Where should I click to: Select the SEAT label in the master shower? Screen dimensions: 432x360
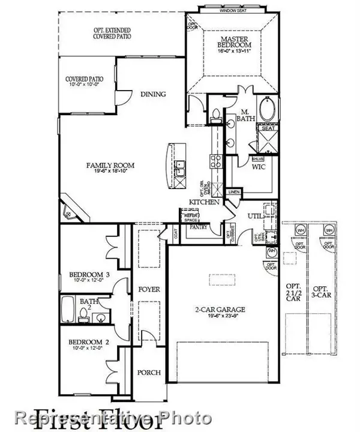[266, 127]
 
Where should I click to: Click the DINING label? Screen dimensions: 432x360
[153, 95]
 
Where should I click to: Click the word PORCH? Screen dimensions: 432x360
[148, 373]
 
